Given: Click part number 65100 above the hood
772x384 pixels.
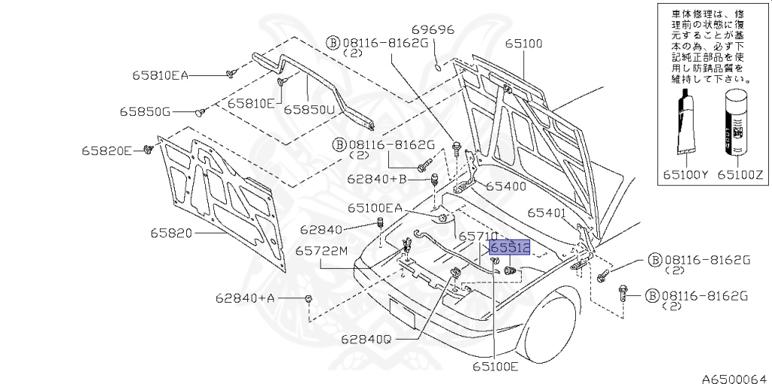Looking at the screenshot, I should (523, 44).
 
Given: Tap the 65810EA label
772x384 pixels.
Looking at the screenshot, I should (160, 75).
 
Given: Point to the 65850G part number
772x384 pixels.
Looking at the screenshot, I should (145, 112).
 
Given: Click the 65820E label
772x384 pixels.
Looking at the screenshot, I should (107, 151).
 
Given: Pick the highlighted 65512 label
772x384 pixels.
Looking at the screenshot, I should (510, 247).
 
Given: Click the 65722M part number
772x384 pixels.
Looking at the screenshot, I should (321, 251).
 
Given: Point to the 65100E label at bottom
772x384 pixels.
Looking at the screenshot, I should (495, 367).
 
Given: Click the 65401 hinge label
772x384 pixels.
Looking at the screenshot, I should (547, 213).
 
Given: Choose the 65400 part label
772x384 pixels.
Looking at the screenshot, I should (504, 185).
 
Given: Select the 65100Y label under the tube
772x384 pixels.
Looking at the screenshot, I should (686, 174).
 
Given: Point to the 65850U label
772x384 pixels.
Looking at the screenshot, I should (309, 109).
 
